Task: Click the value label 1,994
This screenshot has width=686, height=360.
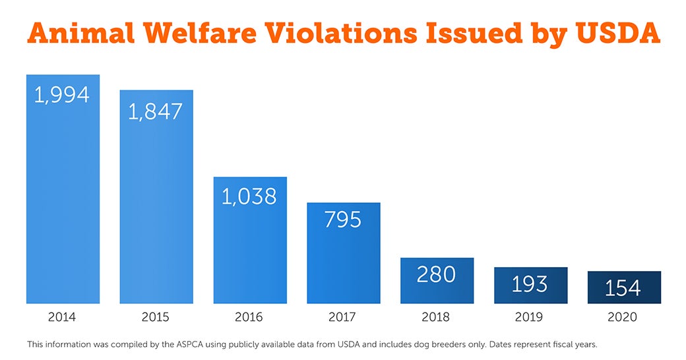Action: click(62, 95)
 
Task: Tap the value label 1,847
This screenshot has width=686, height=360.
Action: click(156, 111)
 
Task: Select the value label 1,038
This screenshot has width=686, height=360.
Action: click(249, 196)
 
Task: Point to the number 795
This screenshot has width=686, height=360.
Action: click(343, 219)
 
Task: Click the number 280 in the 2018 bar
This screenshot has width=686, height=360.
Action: click(436, 274)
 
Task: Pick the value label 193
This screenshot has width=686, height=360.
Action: click(530, 284)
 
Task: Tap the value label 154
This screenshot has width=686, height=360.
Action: click(623, 287)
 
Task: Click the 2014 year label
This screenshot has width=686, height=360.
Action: click(62, 317)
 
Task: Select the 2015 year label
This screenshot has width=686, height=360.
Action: click(156, 317)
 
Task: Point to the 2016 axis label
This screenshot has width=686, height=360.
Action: click(249, 317)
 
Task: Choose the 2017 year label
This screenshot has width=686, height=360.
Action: click(342, 317)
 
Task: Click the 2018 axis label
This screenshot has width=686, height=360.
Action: click(436, 317)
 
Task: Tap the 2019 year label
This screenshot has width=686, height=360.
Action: click(529, 317)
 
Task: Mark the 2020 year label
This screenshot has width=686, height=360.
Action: click(623, 317)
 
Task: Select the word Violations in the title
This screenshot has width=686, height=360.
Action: click(348, 34)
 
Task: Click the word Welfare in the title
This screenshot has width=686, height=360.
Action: click(202, 34)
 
